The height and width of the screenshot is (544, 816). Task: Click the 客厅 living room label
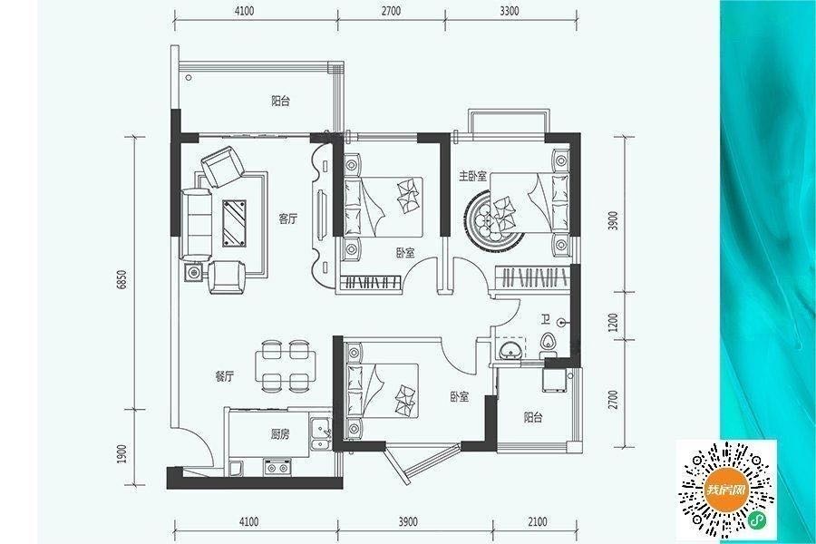287,219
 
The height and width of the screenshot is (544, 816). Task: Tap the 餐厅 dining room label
224,376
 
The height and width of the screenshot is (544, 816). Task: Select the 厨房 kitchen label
280,433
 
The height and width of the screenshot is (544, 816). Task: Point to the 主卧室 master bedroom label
472,177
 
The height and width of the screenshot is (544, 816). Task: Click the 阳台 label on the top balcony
280,101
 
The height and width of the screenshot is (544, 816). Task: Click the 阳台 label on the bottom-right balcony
533,417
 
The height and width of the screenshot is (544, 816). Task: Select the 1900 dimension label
122,453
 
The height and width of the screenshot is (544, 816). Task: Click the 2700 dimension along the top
391,11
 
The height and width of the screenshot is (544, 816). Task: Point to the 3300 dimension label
509,11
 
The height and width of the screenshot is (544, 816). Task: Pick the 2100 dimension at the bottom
537,521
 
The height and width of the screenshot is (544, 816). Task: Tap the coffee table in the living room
235,222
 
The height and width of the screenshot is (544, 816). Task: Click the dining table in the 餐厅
286,366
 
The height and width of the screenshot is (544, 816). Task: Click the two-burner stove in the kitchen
277,467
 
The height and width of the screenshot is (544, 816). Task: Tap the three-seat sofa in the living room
196,224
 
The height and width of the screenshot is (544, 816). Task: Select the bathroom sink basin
510,348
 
